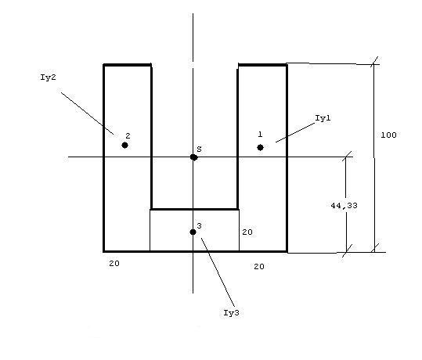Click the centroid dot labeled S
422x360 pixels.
point(193,157)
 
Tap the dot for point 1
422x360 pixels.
point(260,147)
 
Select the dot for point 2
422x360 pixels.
point(124,146)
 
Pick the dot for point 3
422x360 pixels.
point(193,232)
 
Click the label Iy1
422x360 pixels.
point(323,118)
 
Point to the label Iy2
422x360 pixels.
point(48,77)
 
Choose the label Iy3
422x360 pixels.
point(231,312)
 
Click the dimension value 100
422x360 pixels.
point(388,135)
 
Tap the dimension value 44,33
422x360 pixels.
point(344,206)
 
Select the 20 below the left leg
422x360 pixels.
point(114,264)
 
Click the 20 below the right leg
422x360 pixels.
point(259,266)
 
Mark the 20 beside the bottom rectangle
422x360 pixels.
point(247,232)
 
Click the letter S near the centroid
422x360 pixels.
point(199,149)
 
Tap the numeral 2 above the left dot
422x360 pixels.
point(128,136)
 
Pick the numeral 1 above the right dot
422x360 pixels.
point(260,135)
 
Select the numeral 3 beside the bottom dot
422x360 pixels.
point(199,225)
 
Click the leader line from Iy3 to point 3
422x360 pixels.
point(218,272)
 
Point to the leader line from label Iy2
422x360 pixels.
point(87,113)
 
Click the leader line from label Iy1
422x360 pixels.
point(295,132)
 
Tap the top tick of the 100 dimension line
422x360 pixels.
point(373,62)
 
